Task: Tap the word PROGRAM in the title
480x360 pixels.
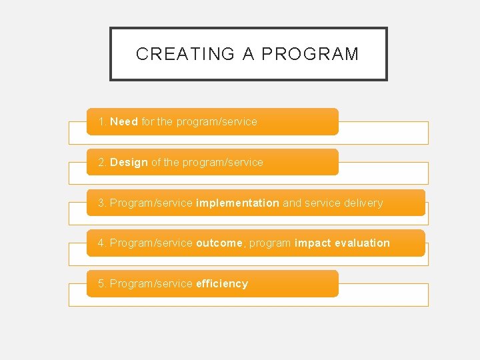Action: point(310,54)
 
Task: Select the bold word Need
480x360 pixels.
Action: point(124,122)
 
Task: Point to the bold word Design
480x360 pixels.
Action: point(129,163)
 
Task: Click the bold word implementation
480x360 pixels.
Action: point(237,203)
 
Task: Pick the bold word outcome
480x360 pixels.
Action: point(219,243)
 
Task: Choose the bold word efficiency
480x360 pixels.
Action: point(222,284)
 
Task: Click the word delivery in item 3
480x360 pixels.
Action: point(364,203)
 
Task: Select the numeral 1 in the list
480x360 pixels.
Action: point(101,122)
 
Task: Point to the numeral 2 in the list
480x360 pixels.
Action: point(101,163)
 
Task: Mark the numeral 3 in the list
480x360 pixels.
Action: point(101,203)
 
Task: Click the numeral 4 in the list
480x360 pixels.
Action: point(101,243)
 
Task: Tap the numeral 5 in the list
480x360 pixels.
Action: point(101,284)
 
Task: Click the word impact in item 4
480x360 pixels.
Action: point(311,243)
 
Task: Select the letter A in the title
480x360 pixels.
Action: point(249,54)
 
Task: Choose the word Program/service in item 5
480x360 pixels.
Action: point(151,284)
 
